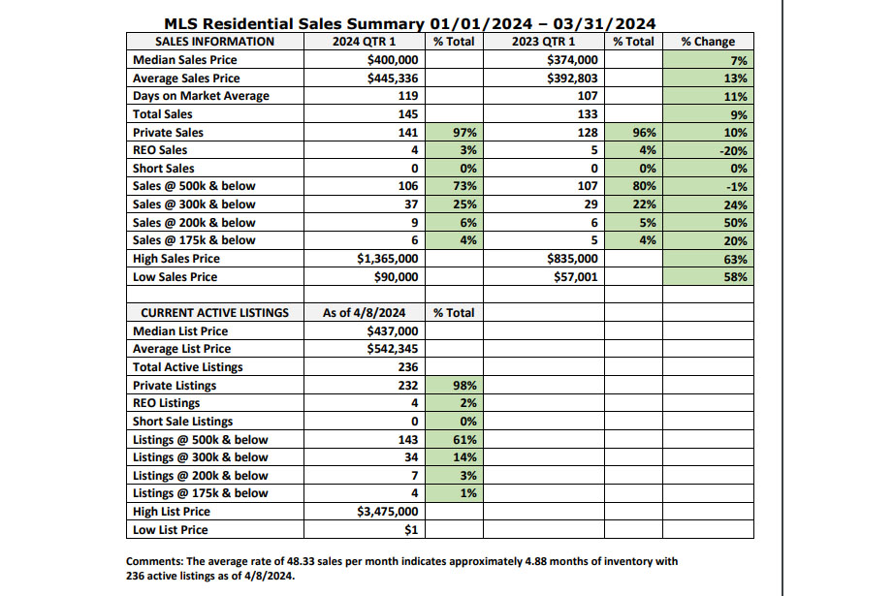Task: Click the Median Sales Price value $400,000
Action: click(x=393, y=60)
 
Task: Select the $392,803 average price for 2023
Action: click(x=572, y=78)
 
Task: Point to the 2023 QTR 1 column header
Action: click(x=543, y=42)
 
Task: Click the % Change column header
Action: click(x=708, y=42)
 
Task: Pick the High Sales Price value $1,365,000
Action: click(x=388, y=259)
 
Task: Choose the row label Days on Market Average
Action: click(x=201, y=96)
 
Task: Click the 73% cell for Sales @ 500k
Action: click(x=464, y=186)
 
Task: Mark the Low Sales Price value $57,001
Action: click(x=576, y=277)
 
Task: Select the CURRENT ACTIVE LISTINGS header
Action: click(x=215, y=313)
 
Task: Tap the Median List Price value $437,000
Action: click(x=393, y=331)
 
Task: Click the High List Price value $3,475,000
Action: click(x=388, y=512)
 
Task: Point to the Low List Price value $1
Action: click(x=411, y=530)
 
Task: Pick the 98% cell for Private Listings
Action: click(x=464, y=385)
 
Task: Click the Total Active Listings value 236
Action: click(x=408, y=367)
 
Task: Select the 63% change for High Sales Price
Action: click(x=736, y=260)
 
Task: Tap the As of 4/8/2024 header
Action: click(x=364, y=313)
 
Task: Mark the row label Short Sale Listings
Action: click(x=183, y=422)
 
